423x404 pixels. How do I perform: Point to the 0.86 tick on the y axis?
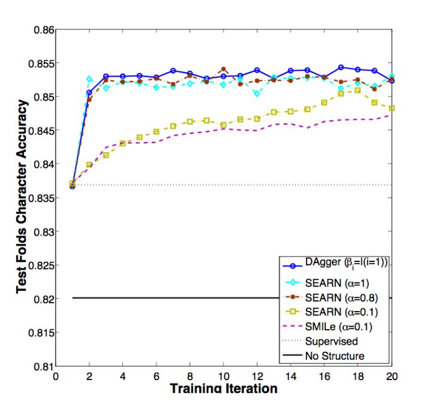point(43,29)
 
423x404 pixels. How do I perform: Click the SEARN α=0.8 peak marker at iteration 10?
point(223,70)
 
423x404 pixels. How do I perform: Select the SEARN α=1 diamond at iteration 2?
point(89,79)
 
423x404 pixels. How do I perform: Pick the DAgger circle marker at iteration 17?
point(341,67)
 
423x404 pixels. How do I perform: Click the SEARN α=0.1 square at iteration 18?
point(358,91)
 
